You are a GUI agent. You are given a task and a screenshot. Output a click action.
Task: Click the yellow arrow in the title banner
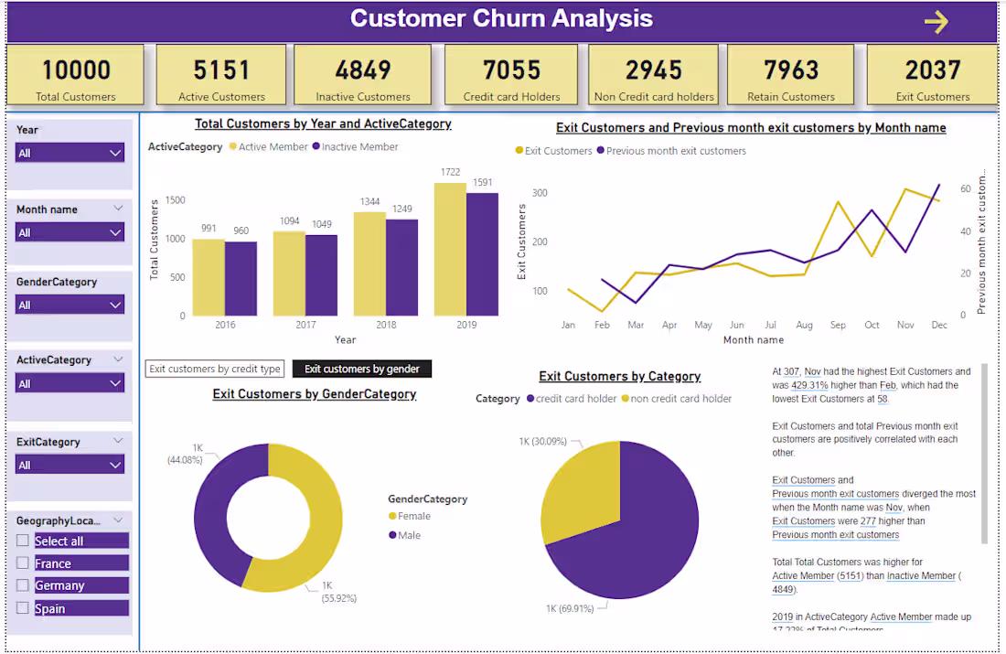[936, 22]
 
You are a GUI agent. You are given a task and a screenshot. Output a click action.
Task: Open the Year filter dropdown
[70, 153]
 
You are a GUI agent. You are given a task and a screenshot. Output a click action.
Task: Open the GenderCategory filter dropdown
[70, 305]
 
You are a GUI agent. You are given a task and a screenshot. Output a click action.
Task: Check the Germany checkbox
[23, 585]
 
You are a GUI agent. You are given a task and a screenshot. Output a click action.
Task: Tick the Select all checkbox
[23, 541]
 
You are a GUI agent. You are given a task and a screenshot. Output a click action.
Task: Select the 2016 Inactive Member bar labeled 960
[241, 278]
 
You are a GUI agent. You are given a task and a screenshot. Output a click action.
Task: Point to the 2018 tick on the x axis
[385, 325]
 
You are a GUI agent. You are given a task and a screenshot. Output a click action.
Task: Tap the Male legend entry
[408, 535]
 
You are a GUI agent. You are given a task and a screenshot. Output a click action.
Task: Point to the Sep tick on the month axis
[838, 325]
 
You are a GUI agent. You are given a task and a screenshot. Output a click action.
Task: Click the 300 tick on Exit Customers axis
[539, 193]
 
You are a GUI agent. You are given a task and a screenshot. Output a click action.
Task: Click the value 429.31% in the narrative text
[809, 385]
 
